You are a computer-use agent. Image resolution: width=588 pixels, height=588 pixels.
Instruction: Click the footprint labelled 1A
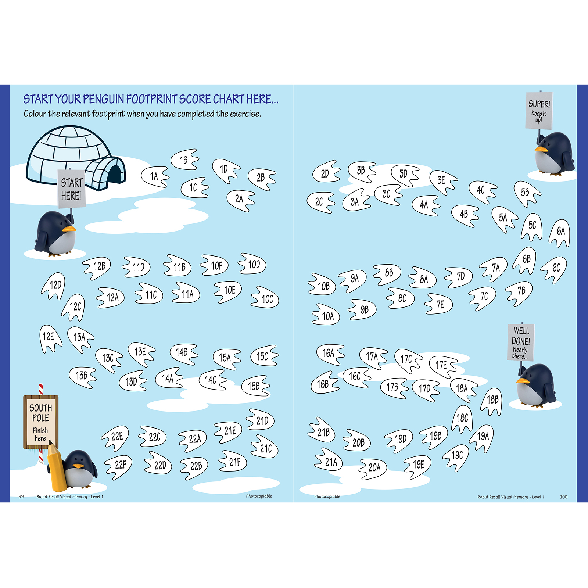[x=155, y=176]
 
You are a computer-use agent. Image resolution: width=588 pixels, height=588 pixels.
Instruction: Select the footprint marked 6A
[x=560, y=233]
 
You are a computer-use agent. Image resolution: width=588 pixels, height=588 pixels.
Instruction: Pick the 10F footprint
[x=214, y=265]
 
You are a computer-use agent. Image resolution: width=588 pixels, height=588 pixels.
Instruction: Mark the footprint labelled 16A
[x=330, y=354]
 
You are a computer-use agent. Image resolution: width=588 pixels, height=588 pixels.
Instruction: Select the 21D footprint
[x=260, y=420]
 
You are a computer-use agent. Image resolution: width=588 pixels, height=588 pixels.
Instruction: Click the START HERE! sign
[x=72, y=189]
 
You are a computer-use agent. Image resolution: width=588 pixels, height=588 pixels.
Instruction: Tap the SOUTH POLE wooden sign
[x=41, y=422]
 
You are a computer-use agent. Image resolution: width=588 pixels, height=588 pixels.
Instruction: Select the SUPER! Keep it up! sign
[x=539, y=111]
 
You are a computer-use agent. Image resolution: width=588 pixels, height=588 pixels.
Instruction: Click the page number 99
[x=21, y=496]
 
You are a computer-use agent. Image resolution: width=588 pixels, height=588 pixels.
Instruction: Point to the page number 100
[x=564, y=497]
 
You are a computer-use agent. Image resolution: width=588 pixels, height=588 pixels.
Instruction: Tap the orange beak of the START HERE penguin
[x=69, y=229]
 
